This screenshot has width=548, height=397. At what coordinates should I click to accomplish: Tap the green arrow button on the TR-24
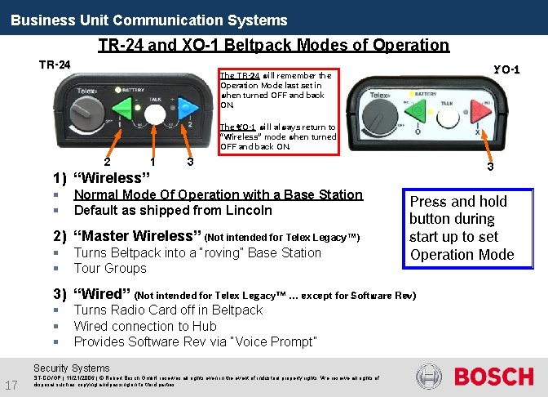(x=125, y=109)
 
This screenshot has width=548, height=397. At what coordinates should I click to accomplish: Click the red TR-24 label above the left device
(x=55, y=65)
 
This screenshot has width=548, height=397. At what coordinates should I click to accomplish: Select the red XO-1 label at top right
(x=506, y=69)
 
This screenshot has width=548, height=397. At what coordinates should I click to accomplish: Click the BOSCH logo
(x=493, y=377)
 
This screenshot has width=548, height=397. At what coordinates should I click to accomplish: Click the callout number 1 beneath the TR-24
(x=152, y=161)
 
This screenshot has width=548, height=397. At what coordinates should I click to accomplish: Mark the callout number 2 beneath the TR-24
(x=107, y=161)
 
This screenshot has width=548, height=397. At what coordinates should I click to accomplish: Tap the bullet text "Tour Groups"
(x=110, y=268)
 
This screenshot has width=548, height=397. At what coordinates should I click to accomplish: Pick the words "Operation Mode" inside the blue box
(x=462, y=254)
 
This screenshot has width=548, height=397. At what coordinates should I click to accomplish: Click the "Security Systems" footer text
(x=71, y=368)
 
